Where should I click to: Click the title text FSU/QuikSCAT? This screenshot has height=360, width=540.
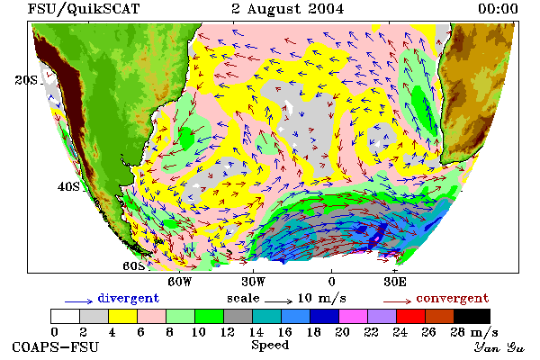click(84, 9)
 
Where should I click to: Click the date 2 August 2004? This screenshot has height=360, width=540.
click(288, 9)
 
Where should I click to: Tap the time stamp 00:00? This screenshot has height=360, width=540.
click(498, 9)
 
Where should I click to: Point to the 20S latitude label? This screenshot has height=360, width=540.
click(26, 80)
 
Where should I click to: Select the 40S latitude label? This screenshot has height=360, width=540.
click(68, 186)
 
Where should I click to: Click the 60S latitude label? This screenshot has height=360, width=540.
click(133, 266)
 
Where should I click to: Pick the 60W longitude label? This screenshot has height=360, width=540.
click(179, 282)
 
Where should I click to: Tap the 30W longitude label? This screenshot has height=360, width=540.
click(254, 282)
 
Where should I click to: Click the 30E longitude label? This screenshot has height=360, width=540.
click(395, 282)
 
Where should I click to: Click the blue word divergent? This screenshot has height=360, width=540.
click(129, 298)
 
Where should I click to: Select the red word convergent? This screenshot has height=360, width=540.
click(453, 298)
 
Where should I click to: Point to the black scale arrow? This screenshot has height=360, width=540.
click(279, 301)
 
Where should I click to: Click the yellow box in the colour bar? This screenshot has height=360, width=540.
click(123, 316)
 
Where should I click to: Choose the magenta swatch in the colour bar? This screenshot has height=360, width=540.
click(354, 316)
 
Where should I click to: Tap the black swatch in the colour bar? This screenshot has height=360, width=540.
click(472, 316)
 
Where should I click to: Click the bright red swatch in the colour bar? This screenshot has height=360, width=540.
click(411, 316)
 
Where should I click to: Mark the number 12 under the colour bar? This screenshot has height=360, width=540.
click(228, 332)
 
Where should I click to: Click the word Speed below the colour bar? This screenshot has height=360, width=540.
click(270, 345)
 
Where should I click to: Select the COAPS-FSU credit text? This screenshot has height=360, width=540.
click(56, 346)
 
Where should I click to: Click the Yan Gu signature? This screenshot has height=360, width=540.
click(499, 347)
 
